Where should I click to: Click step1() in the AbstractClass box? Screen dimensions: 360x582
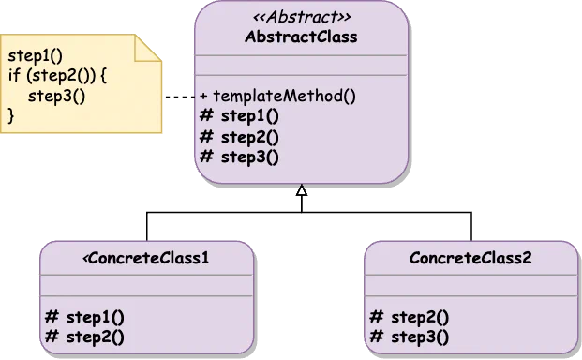tap(249, 116)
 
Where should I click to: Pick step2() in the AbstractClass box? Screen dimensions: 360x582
tap(249, 136)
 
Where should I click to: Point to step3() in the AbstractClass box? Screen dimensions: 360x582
tap(249, 156)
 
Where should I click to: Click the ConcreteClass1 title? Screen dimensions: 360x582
tap(148, 258)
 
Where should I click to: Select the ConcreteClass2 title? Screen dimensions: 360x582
tap(470, 258)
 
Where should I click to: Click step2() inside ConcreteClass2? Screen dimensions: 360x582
tap(418, 317)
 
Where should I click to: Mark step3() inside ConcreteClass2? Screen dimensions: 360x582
tap(418, 337)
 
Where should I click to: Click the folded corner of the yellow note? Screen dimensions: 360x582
tap(149, 49)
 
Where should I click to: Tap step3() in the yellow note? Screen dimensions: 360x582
tap(49, 96)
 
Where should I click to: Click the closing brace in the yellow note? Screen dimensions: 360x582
tap(11, 115)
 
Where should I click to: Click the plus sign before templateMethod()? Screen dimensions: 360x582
tap(203, 96)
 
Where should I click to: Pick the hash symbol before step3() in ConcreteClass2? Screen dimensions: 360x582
tap(376, 337)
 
